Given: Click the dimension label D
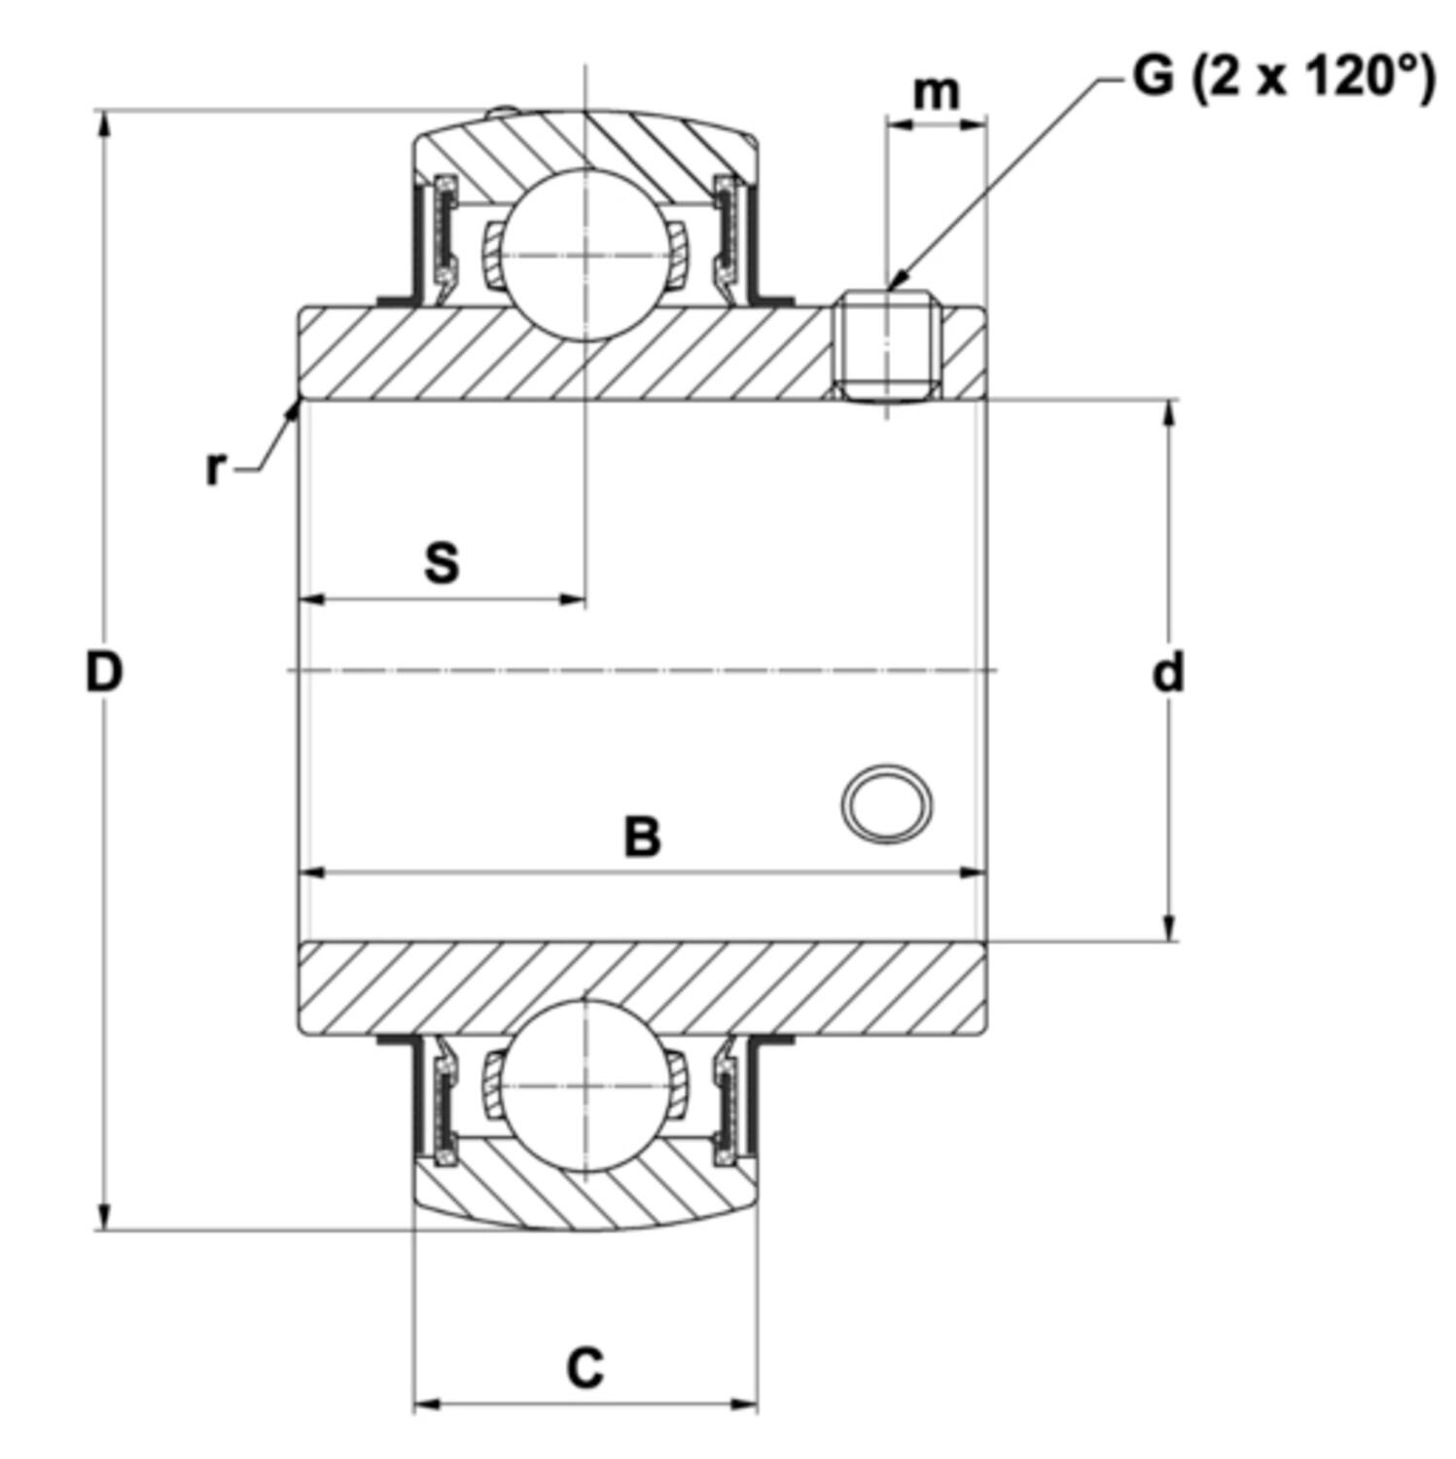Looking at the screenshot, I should click(104, 671).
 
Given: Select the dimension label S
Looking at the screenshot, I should click(442, 562).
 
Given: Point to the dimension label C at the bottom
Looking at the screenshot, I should click(586, 1368).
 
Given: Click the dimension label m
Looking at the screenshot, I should click(936, 92).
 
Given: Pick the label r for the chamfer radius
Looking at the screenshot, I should click(215, 469).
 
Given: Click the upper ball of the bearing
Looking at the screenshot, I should click(586, 255).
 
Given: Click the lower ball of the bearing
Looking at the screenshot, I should click(586, 1085).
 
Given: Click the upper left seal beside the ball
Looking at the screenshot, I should click(444, 233).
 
